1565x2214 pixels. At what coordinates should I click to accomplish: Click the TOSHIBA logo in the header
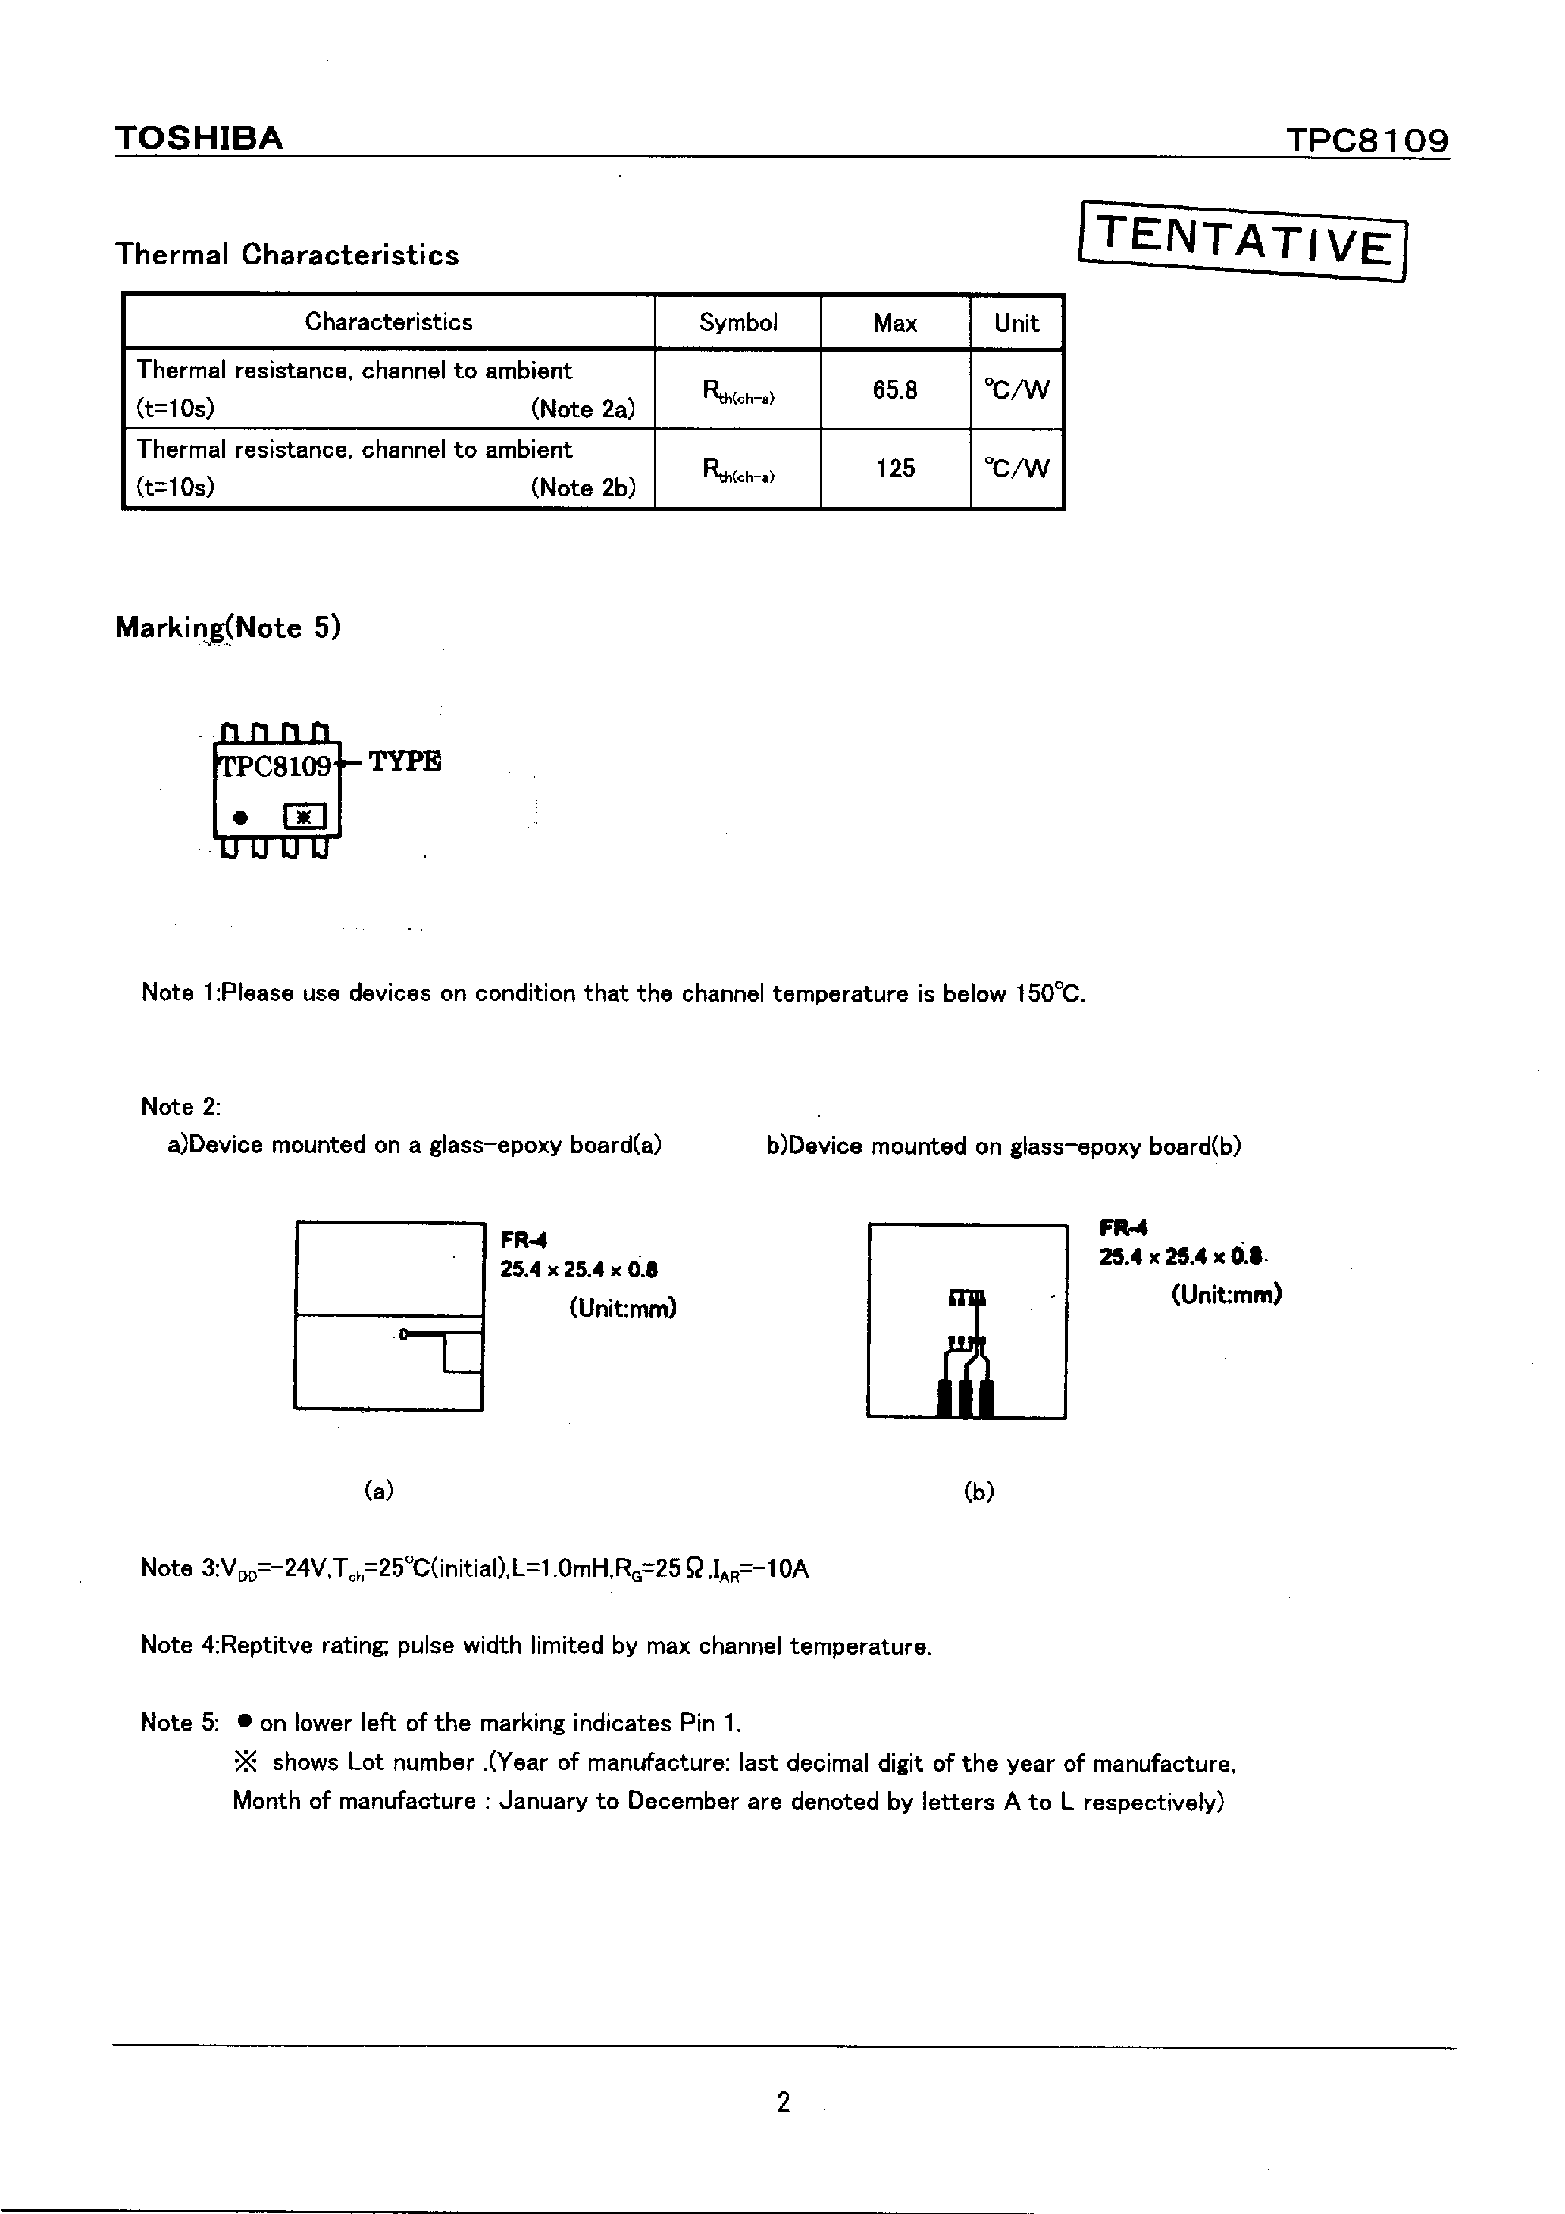point(199,139)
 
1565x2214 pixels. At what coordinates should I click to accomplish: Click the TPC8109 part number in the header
point(1366,141)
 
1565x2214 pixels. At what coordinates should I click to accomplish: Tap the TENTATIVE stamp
point(1244,240)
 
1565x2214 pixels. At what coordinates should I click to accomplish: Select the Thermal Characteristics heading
point(286,255)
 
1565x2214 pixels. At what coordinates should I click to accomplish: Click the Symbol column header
point(737,323)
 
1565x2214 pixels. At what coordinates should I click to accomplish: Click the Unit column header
point(1016,323)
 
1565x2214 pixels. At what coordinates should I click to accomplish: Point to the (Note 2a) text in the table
point(582,410)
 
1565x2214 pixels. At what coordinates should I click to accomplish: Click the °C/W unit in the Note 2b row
point(1016,469)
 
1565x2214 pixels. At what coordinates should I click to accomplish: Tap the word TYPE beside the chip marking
point(405,761)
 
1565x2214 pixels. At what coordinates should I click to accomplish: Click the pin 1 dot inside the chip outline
point(241,818)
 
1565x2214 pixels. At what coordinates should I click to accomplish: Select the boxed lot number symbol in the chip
point(304,818)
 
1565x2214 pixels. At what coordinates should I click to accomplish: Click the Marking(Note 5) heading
point(227,627)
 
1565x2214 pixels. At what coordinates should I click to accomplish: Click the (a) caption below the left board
point(378,1491)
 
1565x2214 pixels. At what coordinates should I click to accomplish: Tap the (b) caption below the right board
point(978,1492)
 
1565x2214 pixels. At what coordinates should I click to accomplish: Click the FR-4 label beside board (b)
point(1123,1228)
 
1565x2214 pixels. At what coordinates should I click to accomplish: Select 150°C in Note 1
point(1049,994)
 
